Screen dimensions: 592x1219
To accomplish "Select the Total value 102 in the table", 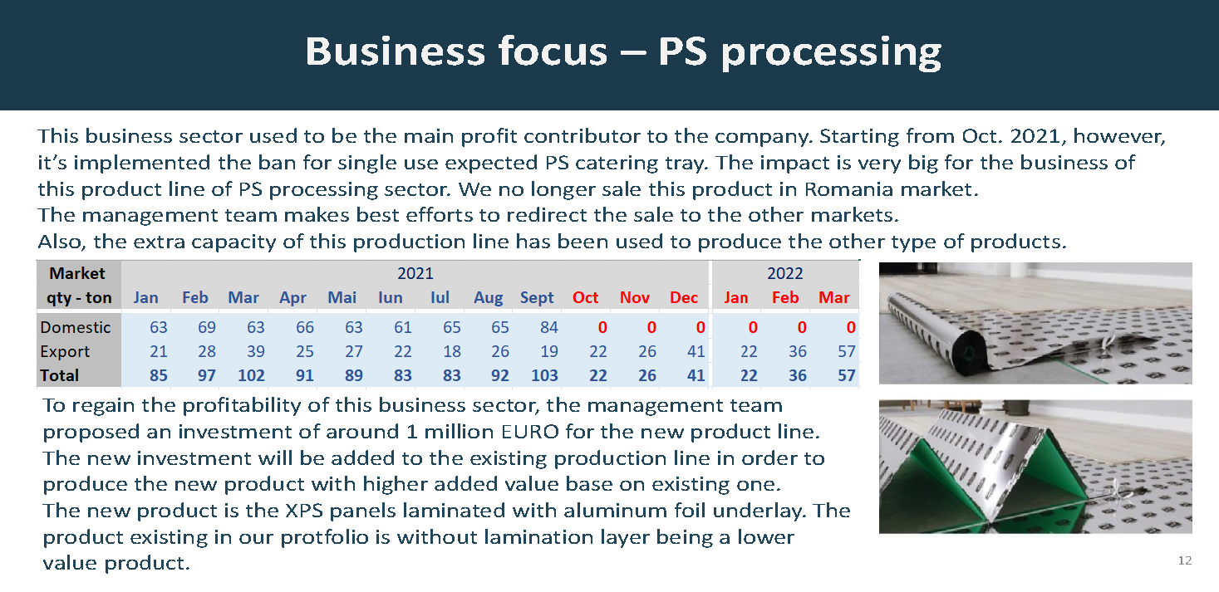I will coord(251,376).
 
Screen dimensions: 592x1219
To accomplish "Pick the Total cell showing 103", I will coord(544,376).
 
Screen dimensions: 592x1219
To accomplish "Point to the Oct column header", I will coord(585,298).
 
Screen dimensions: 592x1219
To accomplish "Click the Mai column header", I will coord(342,298).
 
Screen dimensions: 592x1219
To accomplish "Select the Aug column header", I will coord(489,298).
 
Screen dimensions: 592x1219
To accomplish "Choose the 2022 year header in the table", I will coord(784,274).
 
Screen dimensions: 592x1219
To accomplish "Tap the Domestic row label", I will coord(76,328).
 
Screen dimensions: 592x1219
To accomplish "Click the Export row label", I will coord(65,352).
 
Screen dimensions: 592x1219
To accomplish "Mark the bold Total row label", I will coord(59,376).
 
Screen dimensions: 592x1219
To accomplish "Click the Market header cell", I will coord(77,274).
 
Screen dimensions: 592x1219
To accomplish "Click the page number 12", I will coord(1184,561).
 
